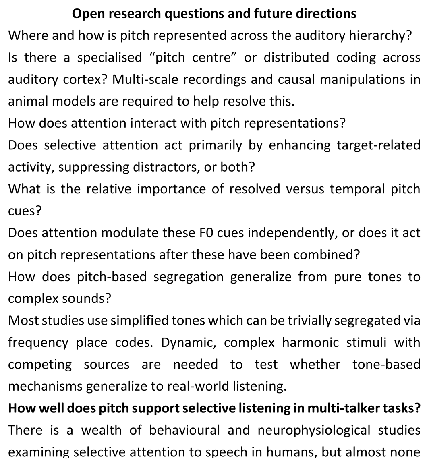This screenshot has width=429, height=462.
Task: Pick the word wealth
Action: click(101, 430)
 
